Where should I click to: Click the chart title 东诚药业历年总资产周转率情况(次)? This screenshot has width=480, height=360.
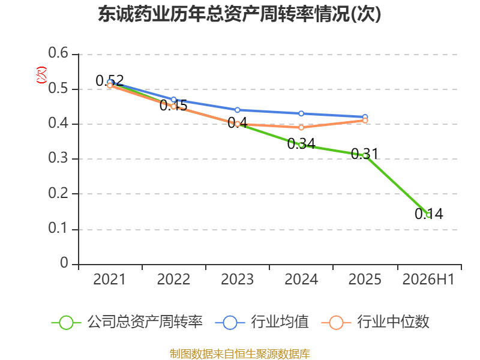coord(239,14)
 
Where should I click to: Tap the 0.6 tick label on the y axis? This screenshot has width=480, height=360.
coord(58,53)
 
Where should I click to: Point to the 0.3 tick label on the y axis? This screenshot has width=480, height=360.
coord(58,158)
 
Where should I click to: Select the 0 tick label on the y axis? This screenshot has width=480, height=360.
coord(64,263)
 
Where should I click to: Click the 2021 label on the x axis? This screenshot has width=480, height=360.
coord(109,280)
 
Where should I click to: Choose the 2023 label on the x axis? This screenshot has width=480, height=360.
coord(237,280)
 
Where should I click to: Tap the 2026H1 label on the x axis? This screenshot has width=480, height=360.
coord(428,280)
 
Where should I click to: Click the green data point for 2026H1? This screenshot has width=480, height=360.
coord(429,215)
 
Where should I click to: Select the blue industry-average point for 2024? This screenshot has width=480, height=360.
coord(301,113)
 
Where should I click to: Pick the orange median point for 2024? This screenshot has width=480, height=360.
coord(301,127)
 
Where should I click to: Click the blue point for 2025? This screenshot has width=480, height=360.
coord(365,117)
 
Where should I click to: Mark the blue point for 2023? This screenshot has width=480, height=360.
coord(237,110)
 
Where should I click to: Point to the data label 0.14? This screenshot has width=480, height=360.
coord(429,214)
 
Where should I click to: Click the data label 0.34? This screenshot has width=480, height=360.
coord(301,143)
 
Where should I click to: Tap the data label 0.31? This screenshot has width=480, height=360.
coord(365,154)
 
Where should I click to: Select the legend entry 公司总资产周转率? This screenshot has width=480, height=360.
coord(127,322)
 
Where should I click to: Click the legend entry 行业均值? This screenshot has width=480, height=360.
coord(262,322)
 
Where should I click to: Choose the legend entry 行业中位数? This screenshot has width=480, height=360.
coord(376,322)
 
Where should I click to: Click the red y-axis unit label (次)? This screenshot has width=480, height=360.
coord(41,75)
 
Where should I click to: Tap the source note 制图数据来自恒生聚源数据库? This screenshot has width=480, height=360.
coord(240,354)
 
